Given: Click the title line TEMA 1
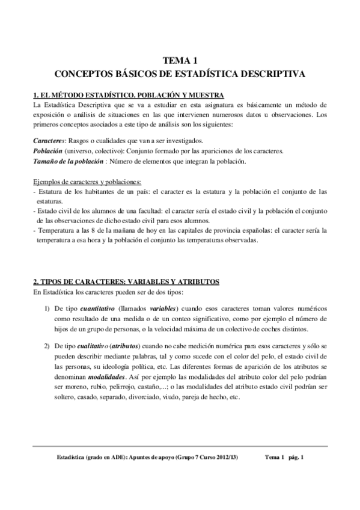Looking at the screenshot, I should click(x=180, y=60).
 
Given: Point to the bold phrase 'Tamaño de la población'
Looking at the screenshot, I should click(x=64, y=161).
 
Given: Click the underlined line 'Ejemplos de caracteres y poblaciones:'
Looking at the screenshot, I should click(x=87, y=182).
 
